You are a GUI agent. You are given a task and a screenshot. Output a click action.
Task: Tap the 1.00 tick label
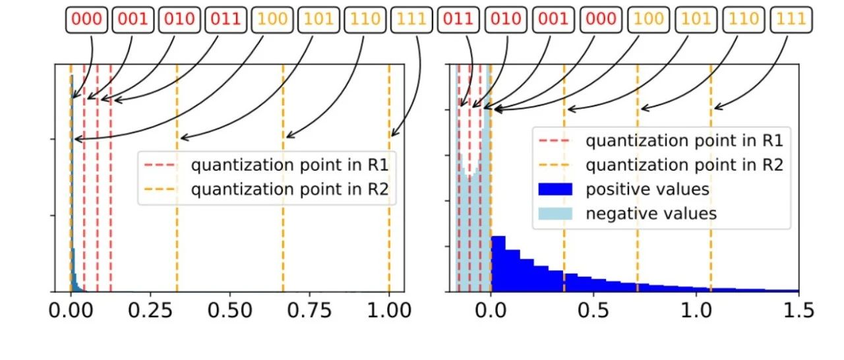389,311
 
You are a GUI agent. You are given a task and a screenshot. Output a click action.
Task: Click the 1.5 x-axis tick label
798,311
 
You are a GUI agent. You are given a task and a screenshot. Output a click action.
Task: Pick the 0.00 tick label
71,311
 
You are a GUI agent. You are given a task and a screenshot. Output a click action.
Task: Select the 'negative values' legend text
651,214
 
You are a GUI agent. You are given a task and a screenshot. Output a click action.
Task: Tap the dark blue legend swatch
557,190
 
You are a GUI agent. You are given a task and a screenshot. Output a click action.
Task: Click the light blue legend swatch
557,214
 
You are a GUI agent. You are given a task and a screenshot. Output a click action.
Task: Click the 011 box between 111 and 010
459,19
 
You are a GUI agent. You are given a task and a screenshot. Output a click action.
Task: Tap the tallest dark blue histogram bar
498,264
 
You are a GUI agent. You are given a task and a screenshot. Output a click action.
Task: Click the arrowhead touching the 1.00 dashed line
392,135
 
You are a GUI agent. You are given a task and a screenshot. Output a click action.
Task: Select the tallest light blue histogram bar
487,198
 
